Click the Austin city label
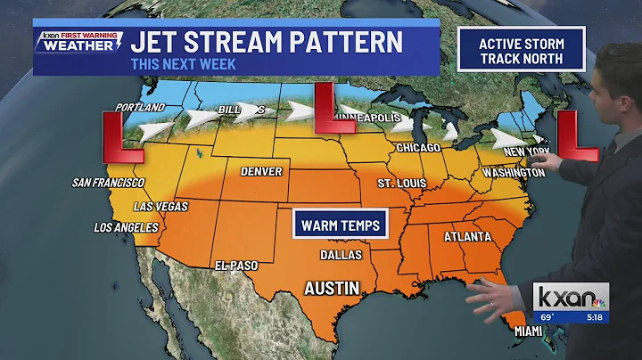click(x=333, y=289)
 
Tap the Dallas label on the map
click(x=342, y=255)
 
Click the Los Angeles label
click(x=125, y=227)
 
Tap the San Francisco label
click(x=109, y=183)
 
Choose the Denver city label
click(x=261, y=171)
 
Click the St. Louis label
click(x=398, y=184)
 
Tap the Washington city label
click(x=513, y=172)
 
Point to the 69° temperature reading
click(x=546, y=316)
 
